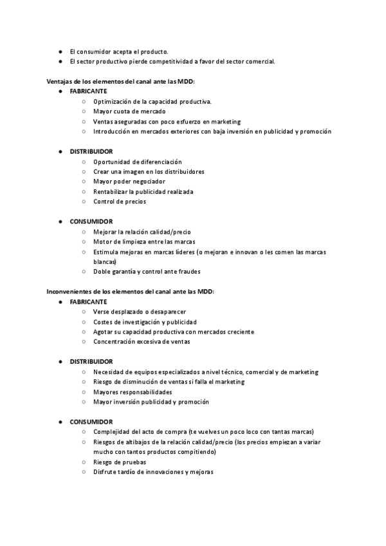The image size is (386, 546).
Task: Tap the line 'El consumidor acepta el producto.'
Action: (119, 51)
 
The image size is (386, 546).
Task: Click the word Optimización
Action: (113, 102)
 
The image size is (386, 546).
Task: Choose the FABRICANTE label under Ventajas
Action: (89, 91)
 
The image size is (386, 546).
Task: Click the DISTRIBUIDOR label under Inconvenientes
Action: (91, 362)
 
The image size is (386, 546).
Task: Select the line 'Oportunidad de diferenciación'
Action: (137, 162)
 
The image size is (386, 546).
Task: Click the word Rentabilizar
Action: (110, 192)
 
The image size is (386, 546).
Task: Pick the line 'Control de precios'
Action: (119, 202)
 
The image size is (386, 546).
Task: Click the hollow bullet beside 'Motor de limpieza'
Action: (84, 241)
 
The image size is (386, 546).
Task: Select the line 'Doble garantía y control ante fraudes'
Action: (147, 272)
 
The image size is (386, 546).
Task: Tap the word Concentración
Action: (117, 342)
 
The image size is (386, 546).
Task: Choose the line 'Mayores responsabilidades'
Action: (133, 391)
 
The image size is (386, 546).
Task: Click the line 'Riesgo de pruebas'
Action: (119, 462)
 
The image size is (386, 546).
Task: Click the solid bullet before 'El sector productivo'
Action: (60, 62)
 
